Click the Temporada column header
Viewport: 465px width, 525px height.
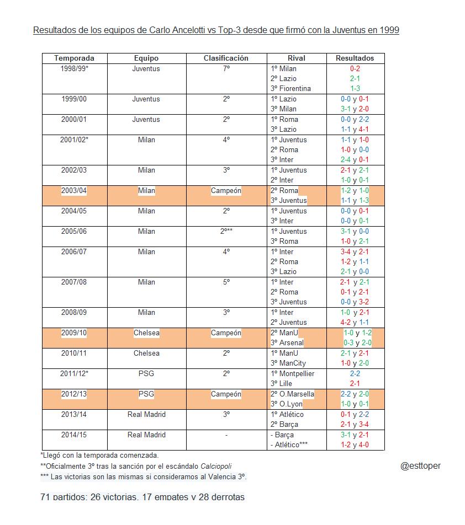(74, 58)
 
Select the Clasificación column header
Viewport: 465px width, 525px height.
(226, 58)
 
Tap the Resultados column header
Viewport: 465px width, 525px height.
(355, 58)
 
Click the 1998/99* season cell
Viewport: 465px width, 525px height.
(74, 69)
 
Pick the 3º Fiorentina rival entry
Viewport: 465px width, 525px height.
(290, 89)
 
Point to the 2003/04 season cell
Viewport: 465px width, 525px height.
(74, 191)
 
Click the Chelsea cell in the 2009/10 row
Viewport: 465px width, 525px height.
(146, 333)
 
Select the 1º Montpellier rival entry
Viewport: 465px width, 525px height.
(292, 374)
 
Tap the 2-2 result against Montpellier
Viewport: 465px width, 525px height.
(355, 374)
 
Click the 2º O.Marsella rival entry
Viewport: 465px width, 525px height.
(292, 394)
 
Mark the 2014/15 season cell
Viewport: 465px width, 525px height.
(74, 435)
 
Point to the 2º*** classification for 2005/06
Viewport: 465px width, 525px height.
(226, 232)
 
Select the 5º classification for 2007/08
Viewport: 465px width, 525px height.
(226, 282)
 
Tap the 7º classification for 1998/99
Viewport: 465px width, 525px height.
(226, 69)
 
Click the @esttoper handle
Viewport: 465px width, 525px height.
(420, 466)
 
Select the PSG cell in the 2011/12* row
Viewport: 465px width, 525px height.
(146, 374)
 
